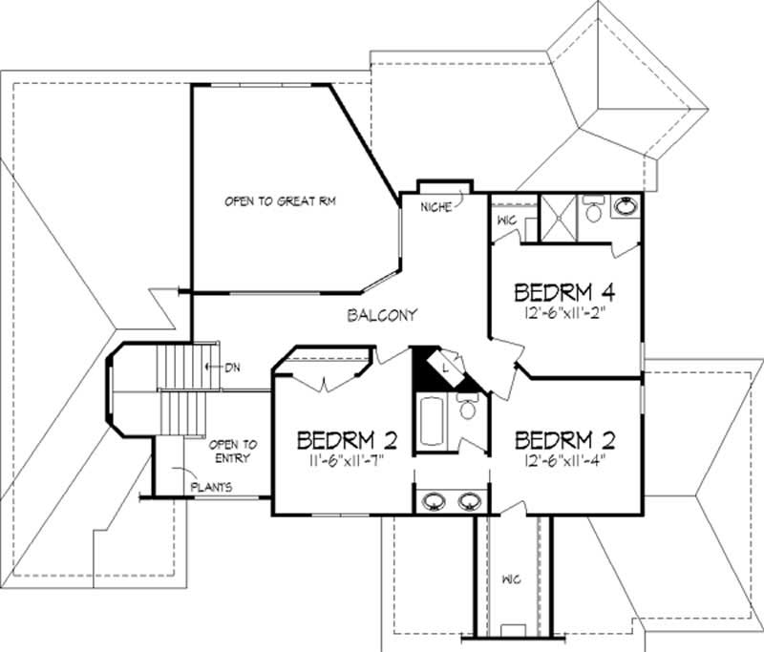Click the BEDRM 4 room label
(x=564, y=292)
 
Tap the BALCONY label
(x=383, y=315)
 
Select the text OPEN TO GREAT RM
(x=280, y=201)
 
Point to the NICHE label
(x=436, y=207)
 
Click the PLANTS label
(x=211, y=487)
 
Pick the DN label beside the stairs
(x=232, y=368)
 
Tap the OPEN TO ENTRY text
(x=232, y=452)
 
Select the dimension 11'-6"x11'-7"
(x=347, y=461)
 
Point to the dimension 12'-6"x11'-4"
(x=564, y=460)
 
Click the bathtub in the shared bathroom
(x=432, y=422)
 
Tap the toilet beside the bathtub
(x=467, y=406)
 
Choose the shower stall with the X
(x=558, y=218)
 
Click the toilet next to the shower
(x=593, y=208)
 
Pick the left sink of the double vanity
(x=434, y=500)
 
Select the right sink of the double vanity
(x=470, y=500)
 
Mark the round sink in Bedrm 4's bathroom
(x=626, y=206)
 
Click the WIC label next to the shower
(x=506, y=221)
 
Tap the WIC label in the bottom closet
(x=511, y=579)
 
